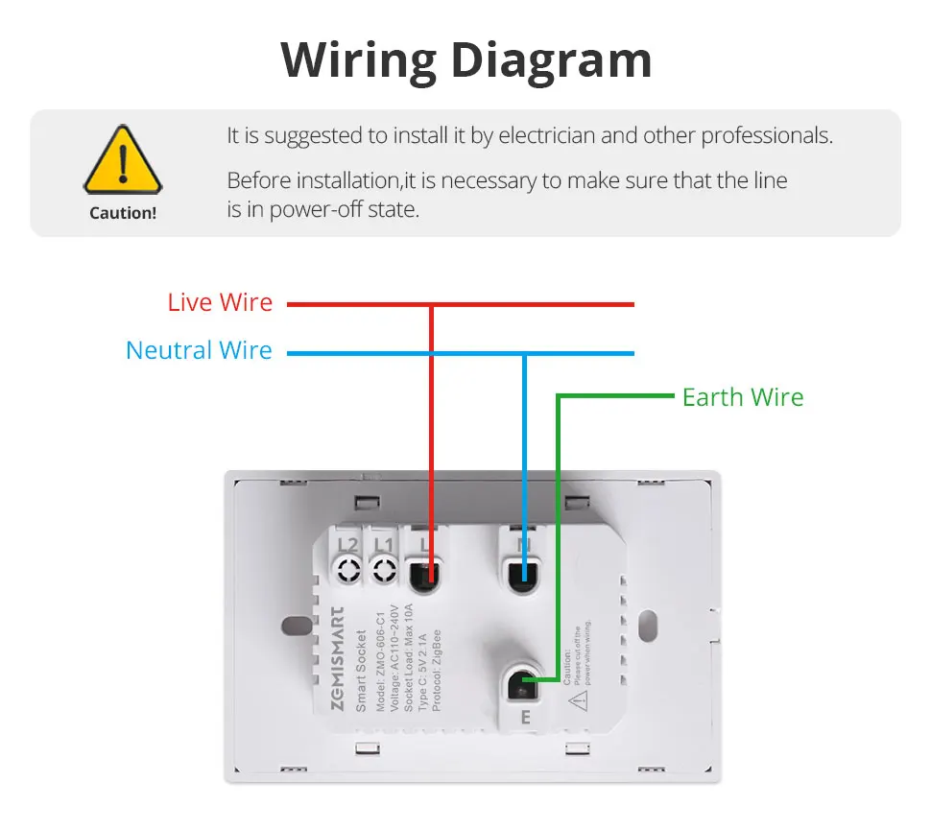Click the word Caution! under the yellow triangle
click(123, 213)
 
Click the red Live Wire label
click(220, 303)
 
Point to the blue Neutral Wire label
click(199, 351)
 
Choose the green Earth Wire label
click(743, 397)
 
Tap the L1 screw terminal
click(384, 572)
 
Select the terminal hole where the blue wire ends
click(523, 576)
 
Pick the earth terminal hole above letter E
click(523, 683)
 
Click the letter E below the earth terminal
click(525, 717)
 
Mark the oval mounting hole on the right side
click(649, 626)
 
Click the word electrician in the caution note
click(545, 136)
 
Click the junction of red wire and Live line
click(432, 305)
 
